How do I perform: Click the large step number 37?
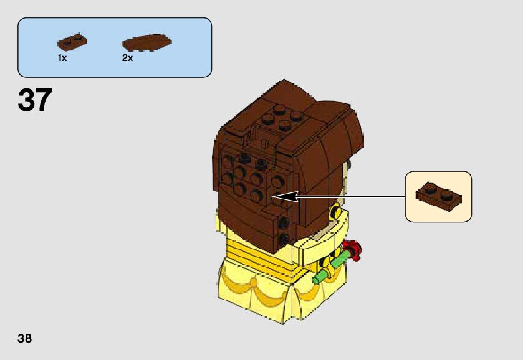tap(35, 100)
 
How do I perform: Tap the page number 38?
tap(24, 339)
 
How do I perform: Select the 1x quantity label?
tap(62, 58)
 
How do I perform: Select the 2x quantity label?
tap(127, 58)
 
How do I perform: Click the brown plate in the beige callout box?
tap(439, 195)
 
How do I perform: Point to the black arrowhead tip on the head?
tap(275, 197)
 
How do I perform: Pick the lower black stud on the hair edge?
tap(284, 238)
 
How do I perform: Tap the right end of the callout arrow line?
tap(405, 197)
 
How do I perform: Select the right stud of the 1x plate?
tap(79, 37)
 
